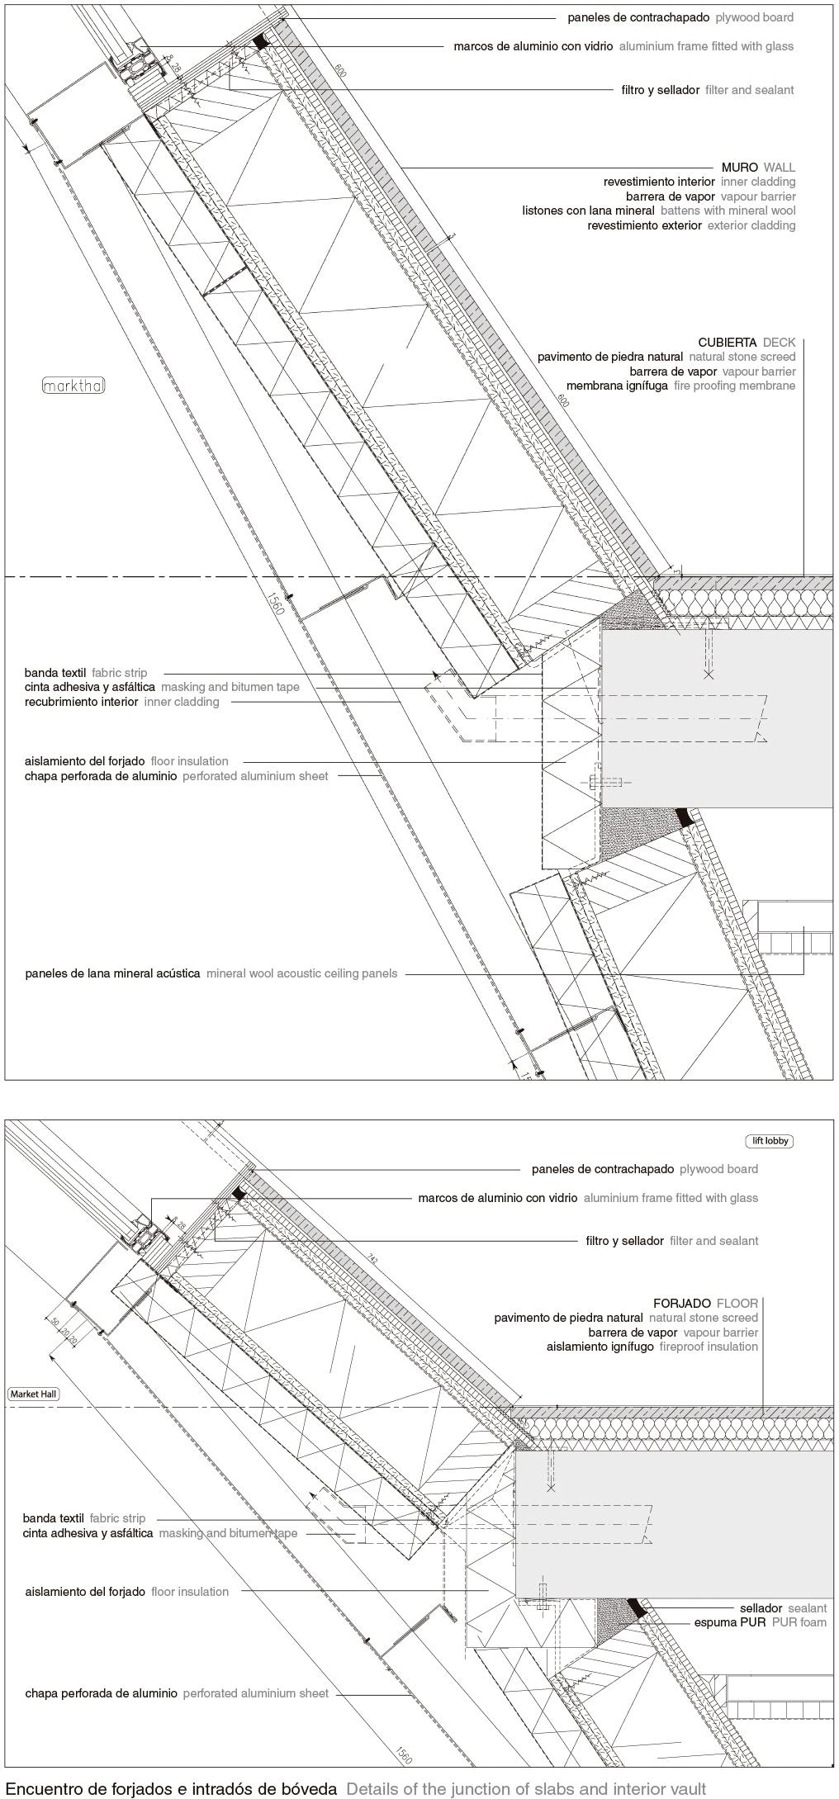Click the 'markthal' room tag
pos(73,386)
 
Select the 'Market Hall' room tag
pos(34,1394)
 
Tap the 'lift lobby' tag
pos(770,1141)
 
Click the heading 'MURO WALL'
pos(758,168)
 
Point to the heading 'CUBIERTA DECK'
pos(747,343)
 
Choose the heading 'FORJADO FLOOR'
pos(705,1304)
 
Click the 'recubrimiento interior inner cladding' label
pos(121,702)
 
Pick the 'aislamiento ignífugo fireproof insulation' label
pos(652,1347)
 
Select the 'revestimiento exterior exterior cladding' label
pos(691,225)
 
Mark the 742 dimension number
pos(372,1260)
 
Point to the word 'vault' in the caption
pos(689,1789)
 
